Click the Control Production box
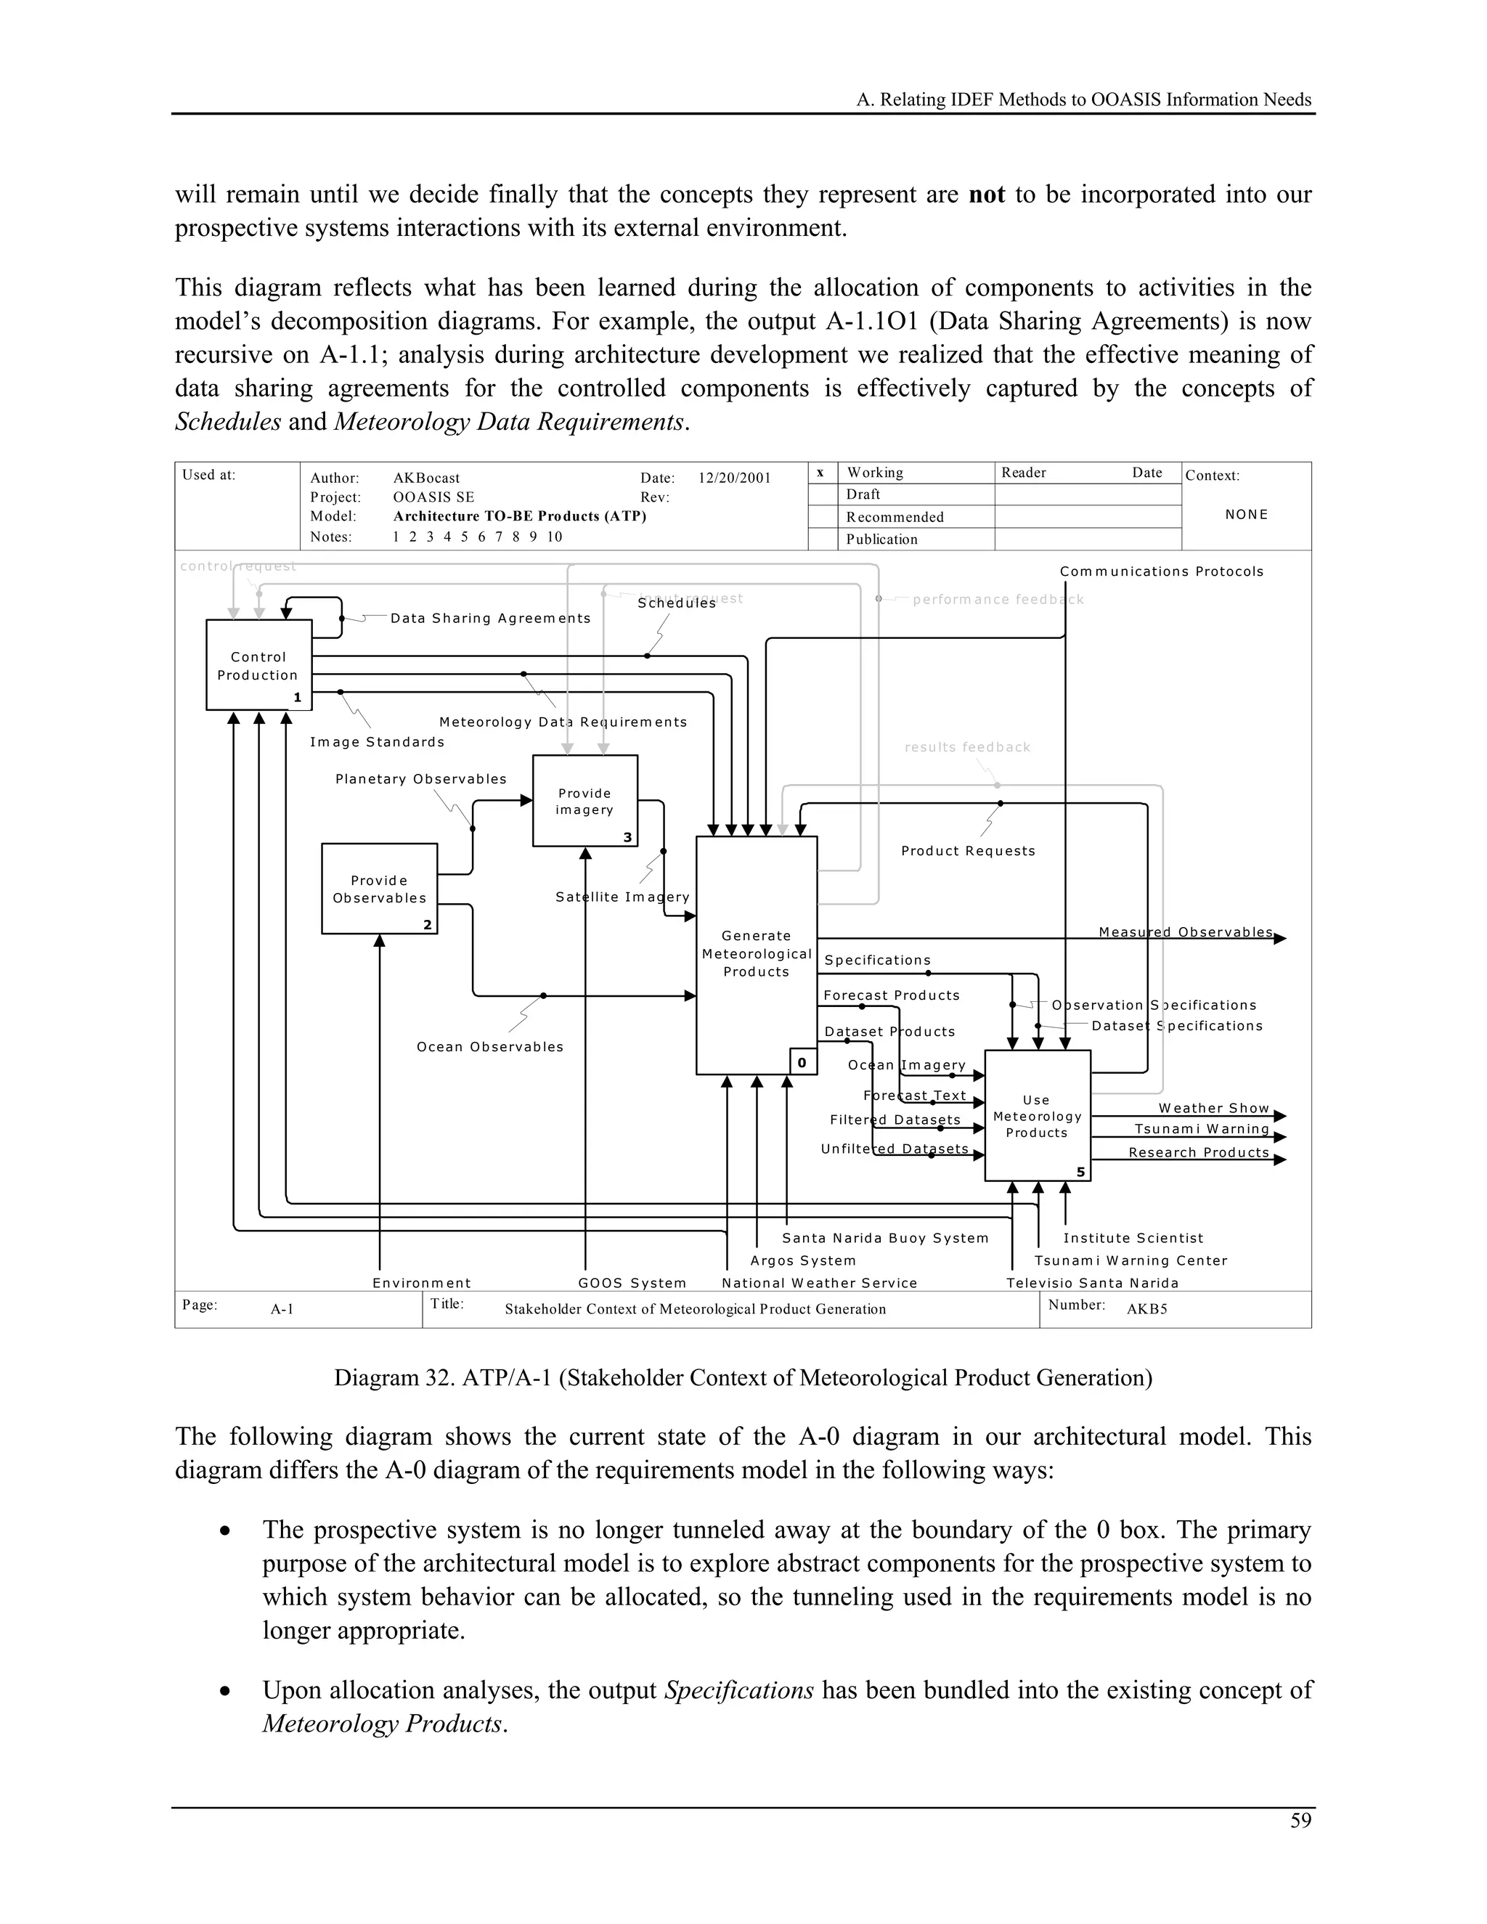coord(258,665)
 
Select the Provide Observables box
coord(379,889)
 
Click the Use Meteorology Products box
coord(1037,1116)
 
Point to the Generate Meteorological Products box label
coord(756,954)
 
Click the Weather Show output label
coord(1213,1108)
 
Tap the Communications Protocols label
coord(1161,571)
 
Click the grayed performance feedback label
coord(997,600)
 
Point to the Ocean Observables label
coord(490,1048)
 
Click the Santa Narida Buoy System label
coord(884,1238)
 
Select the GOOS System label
coord(632,1284)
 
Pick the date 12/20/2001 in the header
coord(734,478)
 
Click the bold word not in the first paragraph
coord(986,195)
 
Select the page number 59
coord(1300,1821)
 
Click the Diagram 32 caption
coord(742,1378)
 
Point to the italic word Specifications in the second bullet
coord(738,1690)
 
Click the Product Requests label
coord(967,851)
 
